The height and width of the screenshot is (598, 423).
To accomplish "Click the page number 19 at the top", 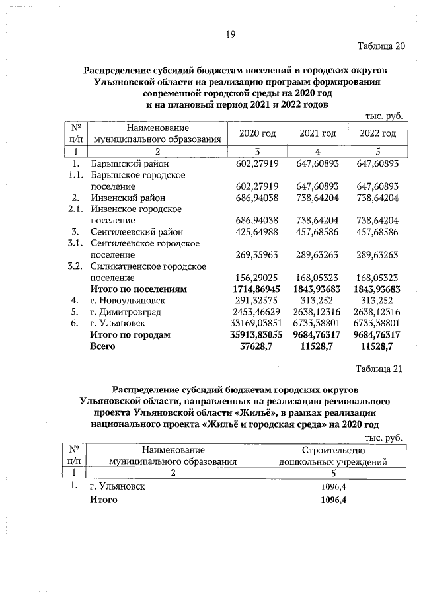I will click(231, 34).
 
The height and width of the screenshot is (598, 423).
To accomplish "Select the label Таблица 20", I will click(379, 46).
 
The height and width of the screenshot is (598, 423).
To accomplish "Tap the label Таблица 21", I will click(378, 368).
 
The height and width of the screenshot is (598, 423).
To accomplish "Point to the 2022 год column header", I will click(377, 133).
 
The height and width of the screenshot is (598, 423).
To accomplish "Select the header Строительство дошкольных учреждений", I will click(333, 455).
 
